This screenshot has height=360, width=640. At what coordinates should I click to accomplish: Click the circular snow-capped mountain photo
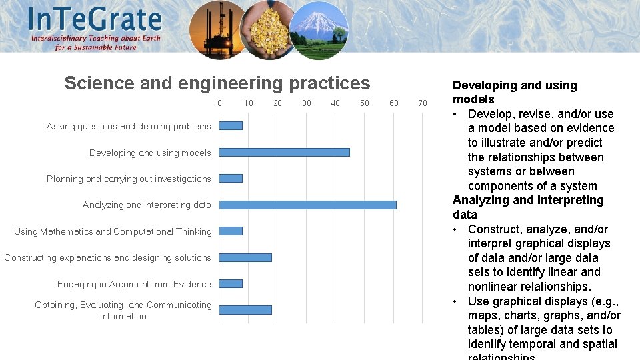pyautogui.click(x=318, y=31)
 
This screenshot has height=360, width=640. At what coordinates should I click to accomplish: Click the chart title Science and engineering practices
pyautogui.click(x=217, y=83)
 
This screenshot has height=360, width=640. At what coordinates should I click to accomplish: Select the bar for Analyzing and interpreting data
pyautogui.click(x=307, y=205)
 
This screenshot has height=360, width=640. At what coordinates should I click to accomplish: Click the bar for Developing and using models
pyautogui.click(x=284, y=152)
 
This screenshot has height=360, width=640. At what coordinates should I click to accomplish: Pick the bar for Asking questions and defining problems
pyautogui.click(x=231, y=125)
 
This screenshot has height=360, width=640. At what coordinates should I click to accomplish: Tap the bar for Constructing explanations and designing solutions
pyautogui.click(x=245, y=257)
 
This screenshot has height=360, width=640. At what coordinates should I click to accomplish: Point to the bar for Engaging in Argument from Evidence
pyautogui.click(x=231, y=283)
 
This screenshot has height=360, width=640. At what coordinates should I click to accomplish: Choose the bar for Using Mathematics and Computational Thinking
pyautogui.click(x=231, y=231)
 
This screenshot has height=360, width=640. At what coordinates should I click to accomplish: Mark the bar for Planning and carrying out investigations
pyautogui.click(x=231, y=178)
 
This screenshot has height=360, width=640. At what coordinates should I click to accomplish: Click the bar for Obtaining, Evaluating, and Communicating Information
pyautogui.click(x=245, y=310)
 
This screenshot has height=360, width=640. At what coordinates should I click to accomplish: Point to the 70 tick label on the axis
pyautogui.click(x=422, y=103)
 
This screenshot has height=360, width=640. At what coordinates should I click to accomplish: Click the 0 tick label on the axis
pyautogui.click(x=219, y=103)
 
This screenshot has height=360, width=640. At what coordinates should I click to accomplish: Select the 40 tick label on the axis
pyautogui.click(x=335, y=103)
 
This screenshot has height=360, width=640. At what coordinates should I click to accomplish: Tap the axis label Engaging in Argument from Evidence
pyautogui.click(x=134, y=284)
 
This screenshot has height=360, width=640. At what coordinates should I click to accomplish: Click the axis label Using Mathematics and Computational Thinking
pyautogui.click(x=113, y=231)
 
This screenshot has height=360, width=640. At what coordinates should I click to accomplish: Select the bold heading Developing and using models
pyautogui.click(x=514, y=92)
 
